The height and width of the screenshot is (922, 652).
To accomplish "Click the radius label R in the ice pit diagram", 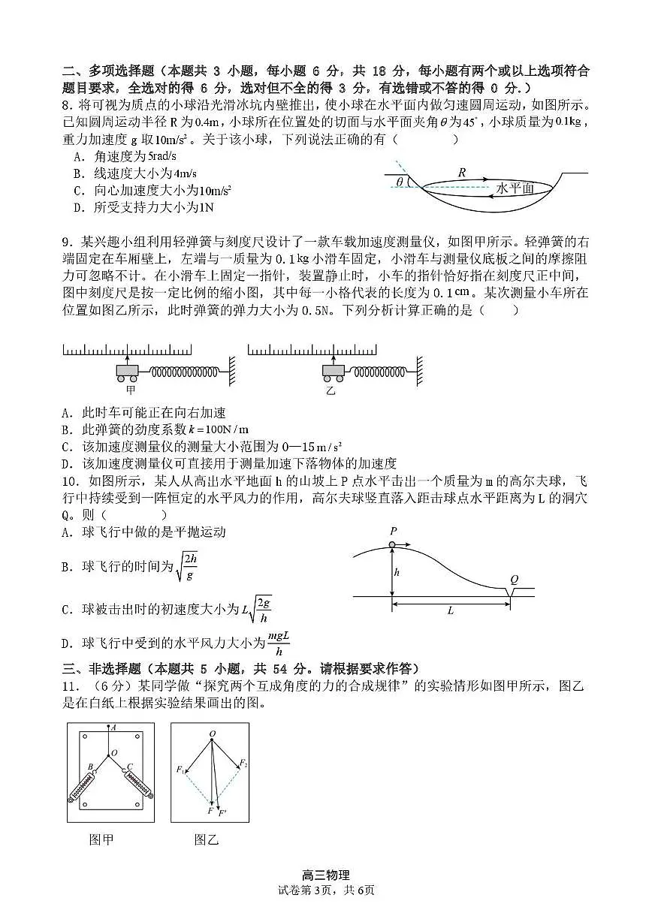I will [462, 172].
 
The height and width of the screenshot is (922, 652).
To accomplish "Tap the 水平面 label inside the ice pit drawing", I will [515, 188].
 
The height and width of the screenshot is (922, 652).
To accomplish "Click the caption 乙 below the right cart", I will [330, 390].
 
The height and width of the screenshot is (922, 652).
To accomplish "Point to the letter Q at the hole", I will [515, 579].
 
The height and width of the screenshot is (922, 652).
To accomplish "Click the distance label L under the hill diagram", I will [451, 610].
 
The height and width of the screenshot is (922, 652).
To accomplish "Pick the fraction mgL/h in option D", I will [279, 643].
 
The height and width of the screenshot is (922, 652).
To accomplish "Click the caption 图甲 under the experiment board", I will [101, 839].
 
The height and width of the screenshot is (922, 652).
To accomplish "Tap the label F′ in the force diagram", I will [222, 812].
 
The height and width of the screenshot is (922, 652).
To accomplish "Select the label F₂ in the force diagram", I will [243, 764].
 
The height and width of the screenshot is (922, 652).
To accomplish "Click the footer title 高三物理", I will [325, 875].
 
